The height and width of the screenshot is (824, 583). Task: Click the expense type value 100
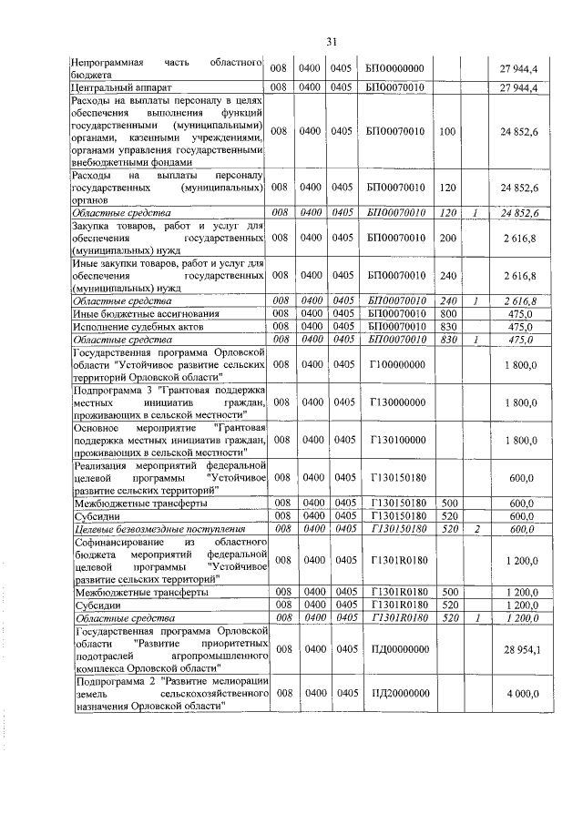[x=446, y=131]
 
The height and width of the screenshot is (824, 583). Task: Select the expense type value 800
[x=446, y=312]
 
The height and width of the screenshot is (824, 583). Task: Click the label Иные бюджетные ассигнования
[x=131, y=312]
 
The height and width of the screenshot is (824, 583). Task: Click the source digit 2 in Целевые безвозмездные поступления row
[x=476, y=528]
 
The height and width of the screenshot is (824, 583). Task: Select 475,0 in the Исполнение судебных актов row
[x=520, y=325]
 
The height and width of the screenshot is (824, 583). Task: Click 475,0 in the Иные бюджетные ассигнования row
[x=520, y=312]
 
